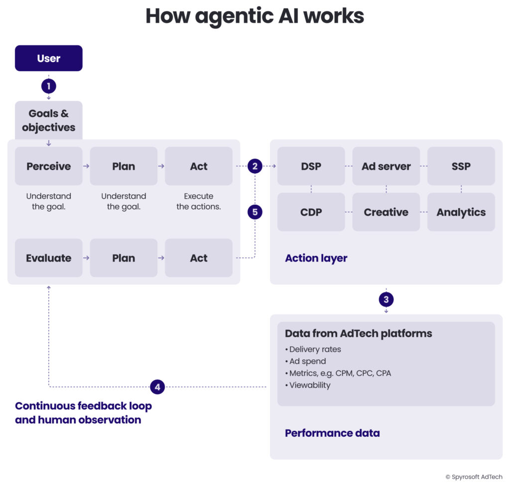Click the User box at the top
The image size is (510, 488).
pyautogui.click(x=48, y=58)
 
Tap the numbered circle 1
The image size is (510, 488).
pyautogui.click(x=48, y=86)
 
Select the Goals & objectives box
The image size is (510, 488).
pyautogui.click(x=48, y=120)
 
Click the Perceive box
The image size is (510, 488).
pyautogui.click(x=48, y=166)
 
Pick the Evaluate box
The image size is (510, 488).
pyautogui.click(x=48, y=258)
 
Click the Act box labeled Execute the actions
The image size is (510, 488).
pyautogui.click(x=198, y=166)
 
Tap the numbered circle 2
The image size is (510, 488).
pyautogui.click(x=255, y=166)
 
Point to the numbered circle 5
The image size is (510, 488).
pyautogui.click(x=255, y=212)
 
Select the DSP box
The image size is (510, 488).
pyautogui.click(x=311, y=166)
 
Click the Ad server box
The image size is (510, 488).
pyautogui.click(x=386, y=166)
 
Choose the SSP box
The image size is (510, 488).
pyautogui.click(x=461, y=166)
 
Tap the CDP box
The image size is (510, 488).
pyautogui.click(x=311, y=212)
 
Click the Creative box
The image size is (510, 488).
pyautogui.click(x=386, y=212)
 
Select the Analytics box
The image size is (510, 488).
pyautogui.click(x=461, y=212)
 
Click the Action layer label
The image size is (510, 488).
pyautogui.click(x=316, y=258)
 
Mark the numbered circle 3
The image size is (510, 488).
pyautogui.click(x=386, y=299)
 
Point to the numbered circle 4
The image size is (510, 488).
pyautogui.click(x=157, y=386)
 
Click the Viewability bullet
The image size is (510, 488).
pyautogui.click(x=309, y=385)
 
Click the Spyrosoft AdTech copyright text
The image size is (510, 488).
pyautogui.click(x=473, y=477)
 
